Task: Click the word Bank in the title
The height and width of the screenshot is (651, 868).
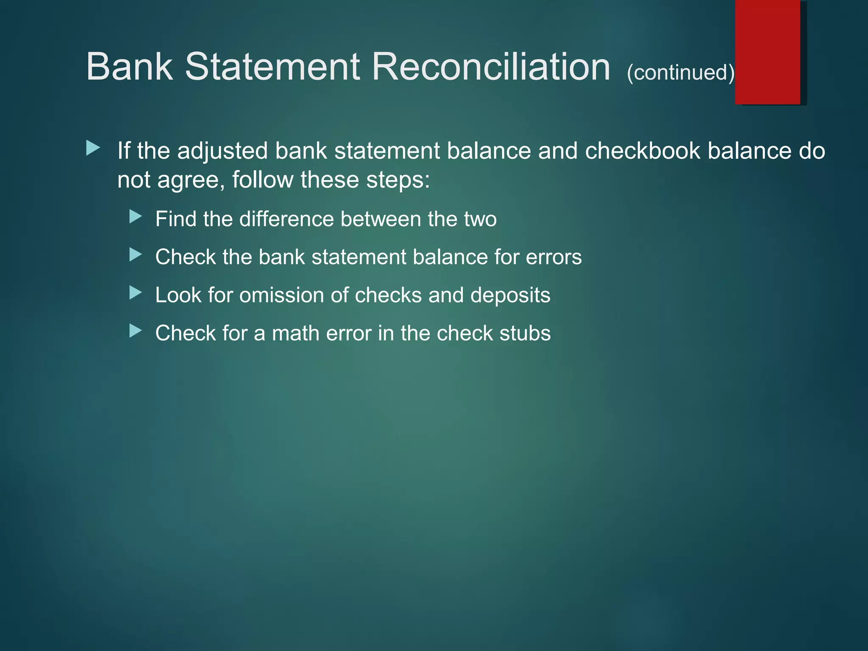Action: pos(130,67)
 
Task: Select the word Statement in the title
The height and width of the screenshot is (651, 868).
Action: pos(273,67)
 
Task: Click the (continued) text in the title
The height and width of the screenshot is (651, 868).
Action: pos(680,72)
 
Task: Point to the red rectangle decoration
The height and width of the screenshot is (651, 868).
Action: pos(768,52)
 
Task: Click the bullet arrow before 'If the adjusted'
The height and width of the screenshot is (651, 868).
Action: pos(93,148)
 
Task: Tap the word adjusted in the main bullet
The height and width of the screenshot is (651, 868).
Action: pos(223,152)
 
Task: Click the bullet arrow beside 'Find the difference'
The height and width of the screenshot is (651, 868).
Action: pos(135,217)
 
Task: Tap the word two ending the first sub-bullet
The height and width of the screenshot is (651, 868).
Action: pos(480,220)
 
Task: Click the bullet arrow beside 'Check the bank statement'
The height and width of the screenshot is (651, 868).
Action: pos(135,255)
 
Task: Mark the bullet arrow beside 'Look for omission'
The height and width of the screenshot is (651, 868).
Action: pos(135,292)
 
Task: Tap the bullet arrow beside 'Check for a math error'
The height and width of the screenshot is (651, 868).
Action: pos(135,331)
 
